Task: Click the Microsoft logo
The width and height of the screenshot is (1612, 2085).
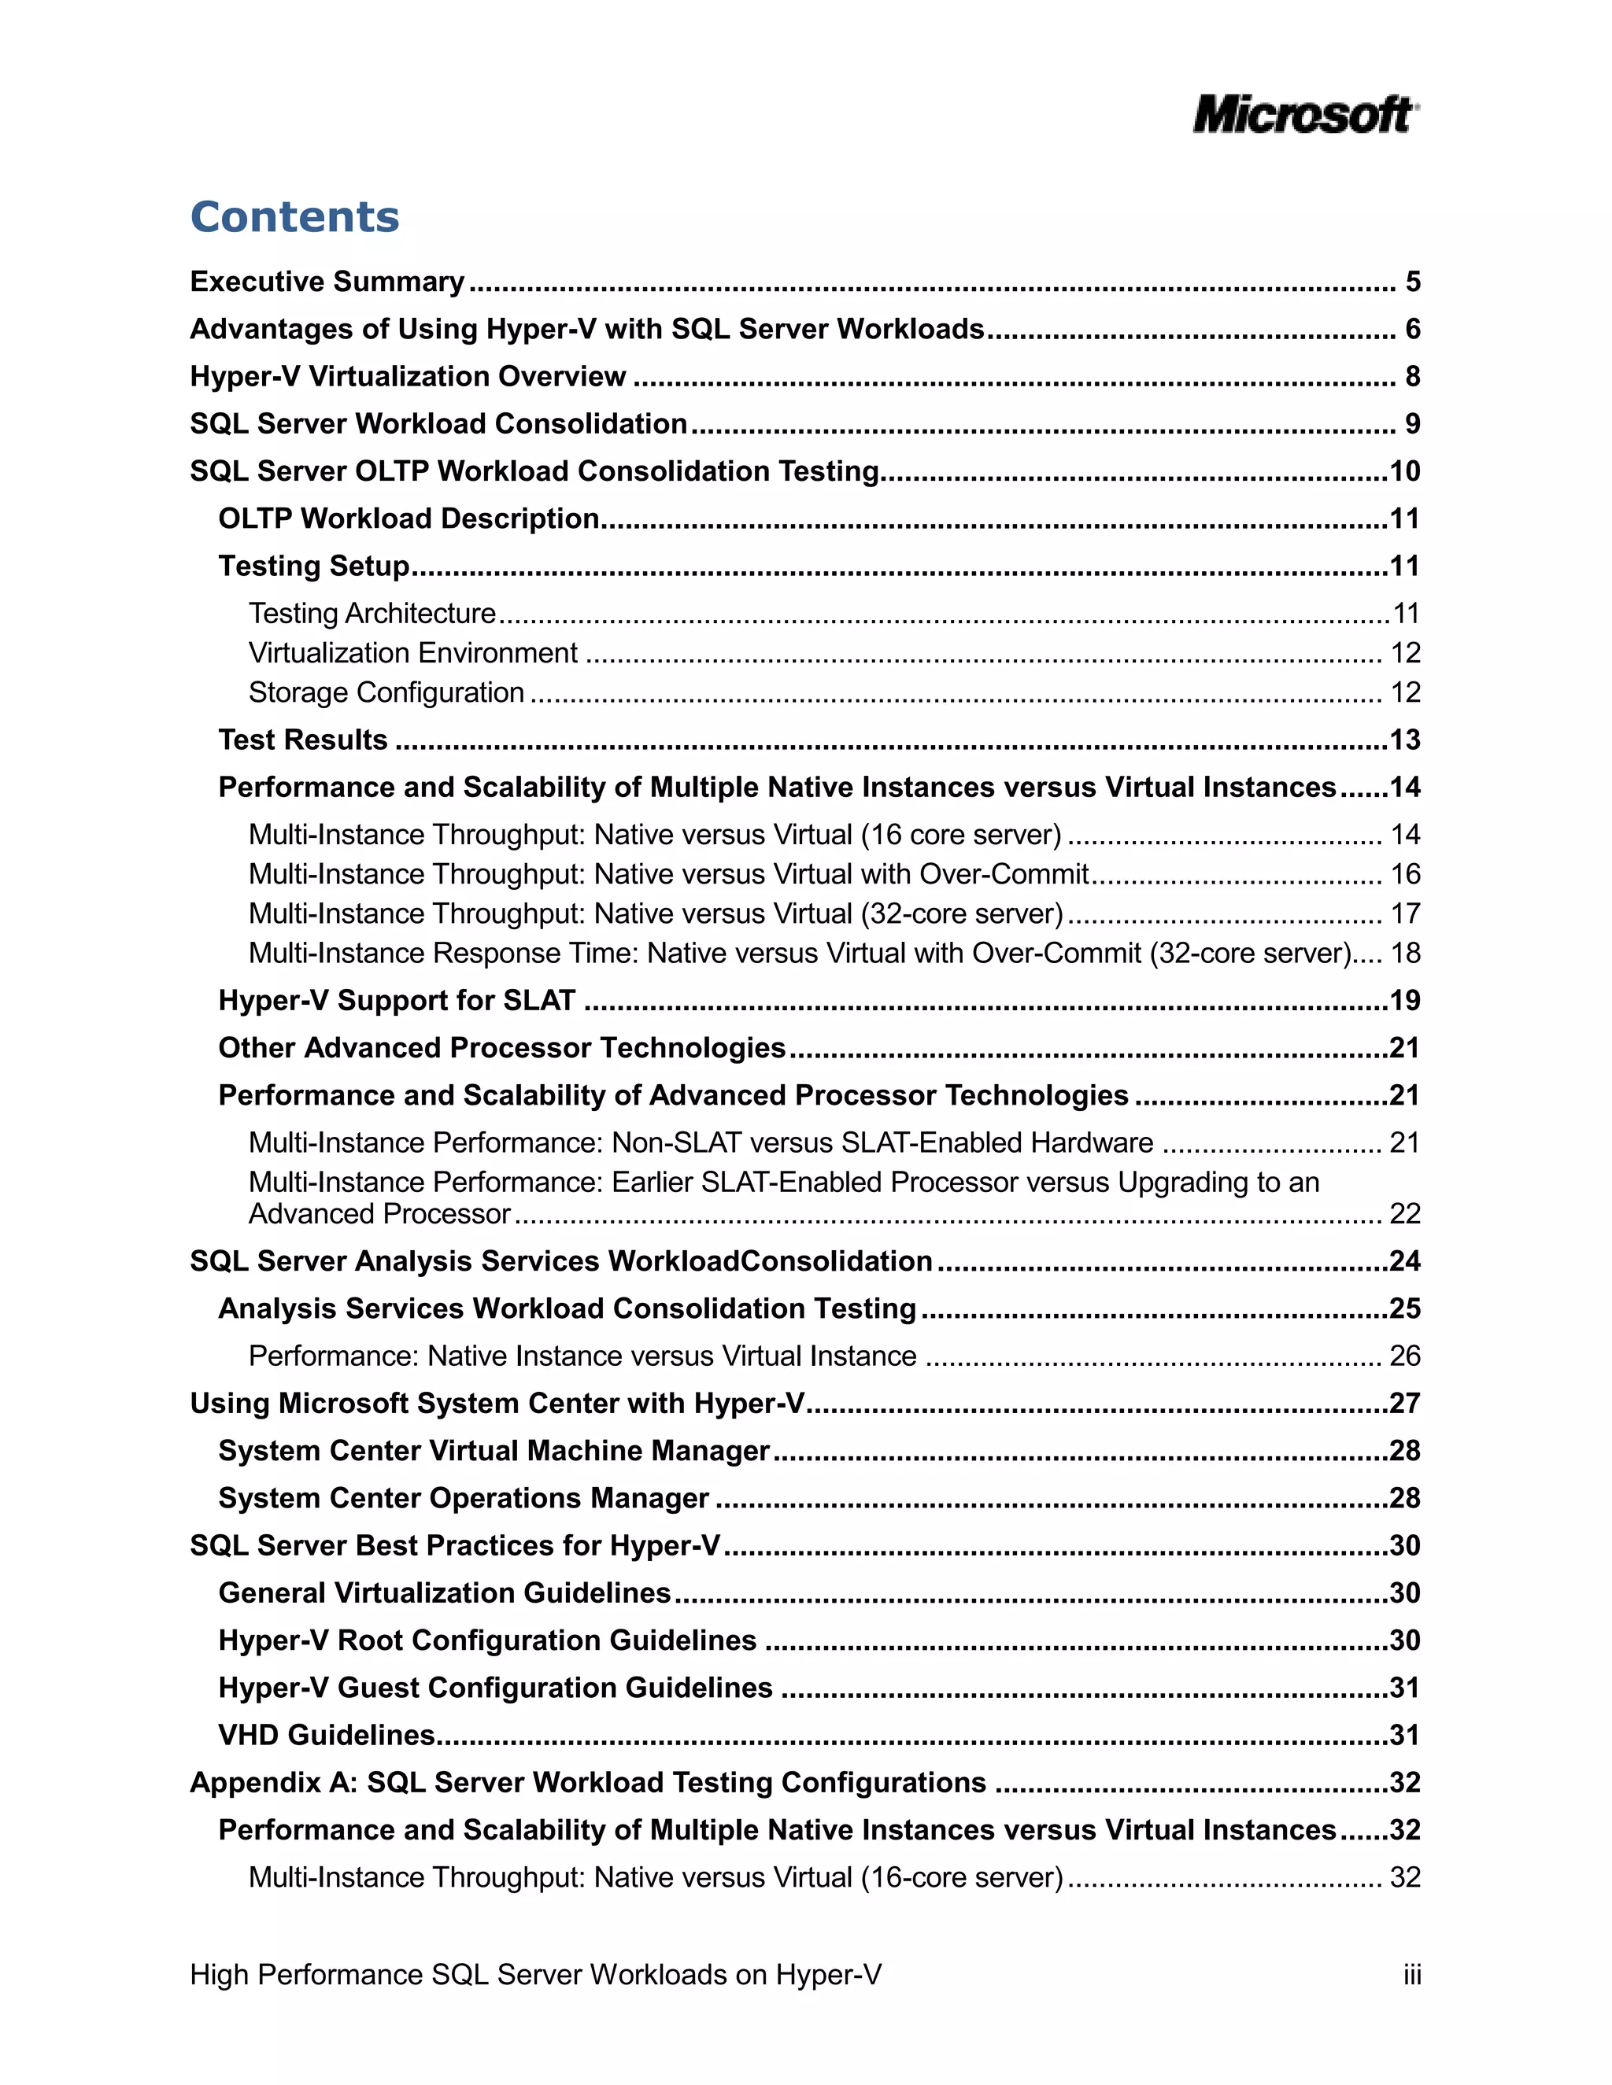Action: click(x=1304, y=115)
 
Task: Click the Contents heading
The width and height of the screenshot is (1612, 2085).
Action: click(x=294, y=216)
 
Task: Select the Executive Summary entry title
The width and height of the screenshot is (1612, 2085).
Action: click(x=327, y=282)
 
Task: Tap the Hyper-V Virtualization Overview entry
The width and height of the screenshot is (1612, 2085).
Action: click(x=408, y=376)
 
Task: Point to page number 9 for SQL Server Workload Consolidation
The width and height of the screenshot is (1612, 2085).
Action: click(x=1412, y=424)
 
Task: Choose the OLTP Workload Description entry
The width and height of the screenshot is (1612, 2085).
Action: click(x=409, y=518)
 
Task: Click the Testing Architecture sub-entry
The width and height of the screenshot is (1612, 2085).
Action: click(x=372, y=613)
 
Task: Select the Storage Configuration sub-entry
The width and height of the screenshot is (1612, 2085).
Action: click(x=386, y=692)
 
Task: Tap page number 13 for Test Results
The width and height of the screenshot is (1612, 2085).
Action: click(x=1405, y=740)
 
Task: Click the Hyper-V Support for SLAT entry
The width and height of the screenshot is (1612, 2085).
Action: click(x=397, y=1001)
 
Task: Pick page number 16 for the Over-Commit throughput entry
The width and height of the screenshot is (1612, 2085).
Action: click(x=1405, y=874)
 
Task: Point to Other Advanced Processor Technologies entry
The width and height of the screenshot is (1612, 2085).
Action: click(x=501, y=1048)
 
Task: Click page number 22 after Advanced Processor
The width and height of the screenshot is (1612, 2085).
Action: click(x=1405, y=1214)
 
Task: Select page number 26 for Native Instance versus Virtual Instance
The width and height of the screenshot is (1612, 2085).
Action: click(x=1405, y=1356)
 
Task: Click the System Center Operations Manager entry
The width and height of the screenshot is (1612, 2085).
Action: click(x=463, y=1499)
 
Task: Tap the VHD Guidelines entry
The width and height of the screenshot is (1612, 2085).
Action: click(x=327, y=1736)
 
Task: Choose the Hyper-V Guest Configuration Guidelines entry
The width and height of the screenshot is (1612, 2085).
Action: click(x=494, y=1688)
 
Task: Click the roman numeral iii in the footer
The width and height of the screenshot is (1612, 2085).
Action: click(x=1411, y=1975)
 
